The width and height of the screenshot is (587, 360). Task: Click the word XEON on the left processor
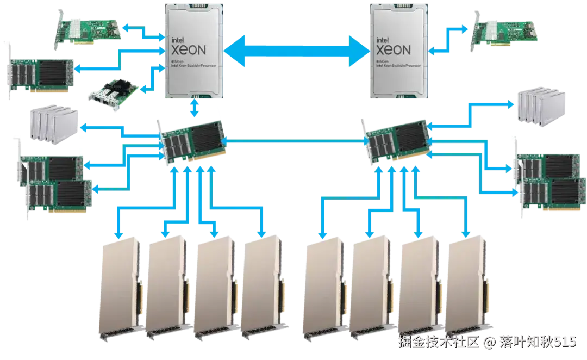pos(189,50)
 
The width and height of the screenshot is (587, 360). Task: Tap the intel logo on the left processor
pos(179,39)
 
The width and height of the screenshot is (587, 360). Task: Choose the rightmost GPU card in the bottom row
pos(466,288)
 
